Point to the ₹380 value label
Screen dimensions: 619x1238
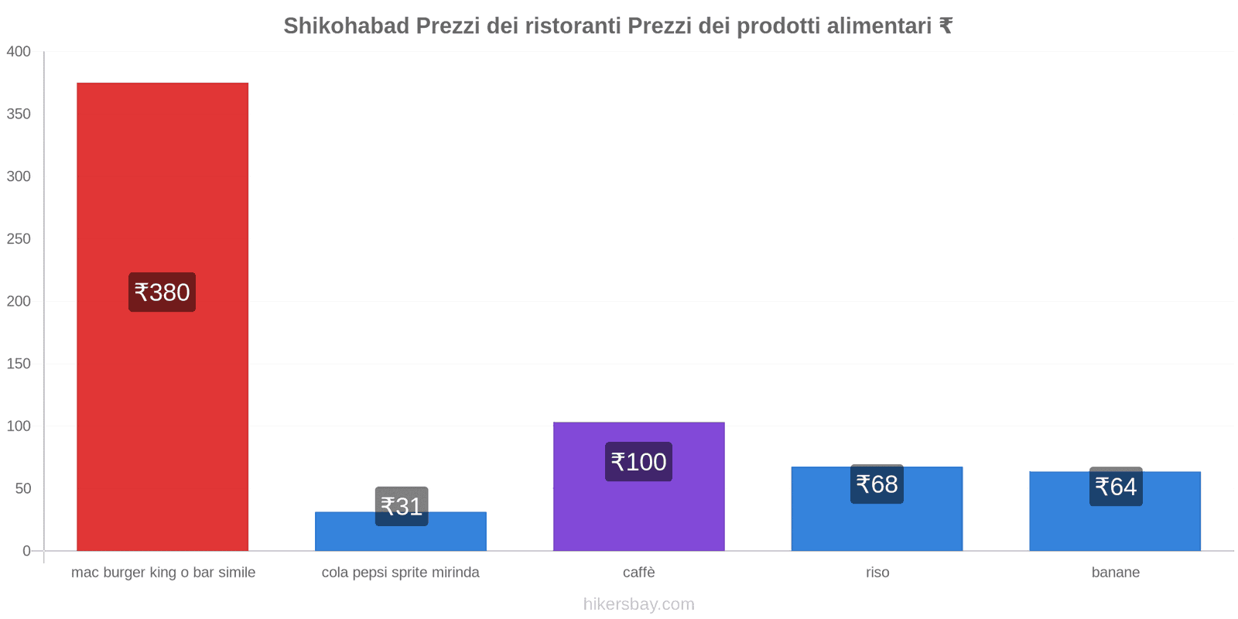point(162,292)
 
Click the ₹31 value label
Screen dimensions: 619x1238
point(402,506)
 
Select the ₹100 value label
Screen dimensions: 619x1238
point(638,462)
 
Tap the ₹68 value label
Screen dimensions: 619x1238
point(877,484)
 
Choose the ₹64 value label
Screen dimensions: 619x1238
point(1116,487)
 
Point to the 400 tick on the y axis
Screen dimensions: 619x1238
point(19,52)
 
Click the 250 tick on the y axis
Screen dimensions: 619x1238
point(19,239)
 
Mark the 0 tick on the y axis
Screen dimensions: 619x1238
point(26,551)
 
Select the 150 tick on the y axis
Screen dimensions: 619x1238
point(19,364)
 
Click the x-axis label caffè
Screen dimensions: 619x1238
point(638,573)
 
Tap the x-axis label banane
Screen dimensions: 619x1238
point(1115,573)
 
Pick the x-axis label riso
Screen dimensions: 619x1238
point(877,573)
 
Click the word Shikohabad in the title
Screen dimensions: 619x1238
point(346,26)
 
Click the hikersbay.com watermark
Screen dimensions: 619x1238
point(638,604)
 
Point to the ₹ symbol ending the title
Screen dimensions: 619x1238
point(946,26)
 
